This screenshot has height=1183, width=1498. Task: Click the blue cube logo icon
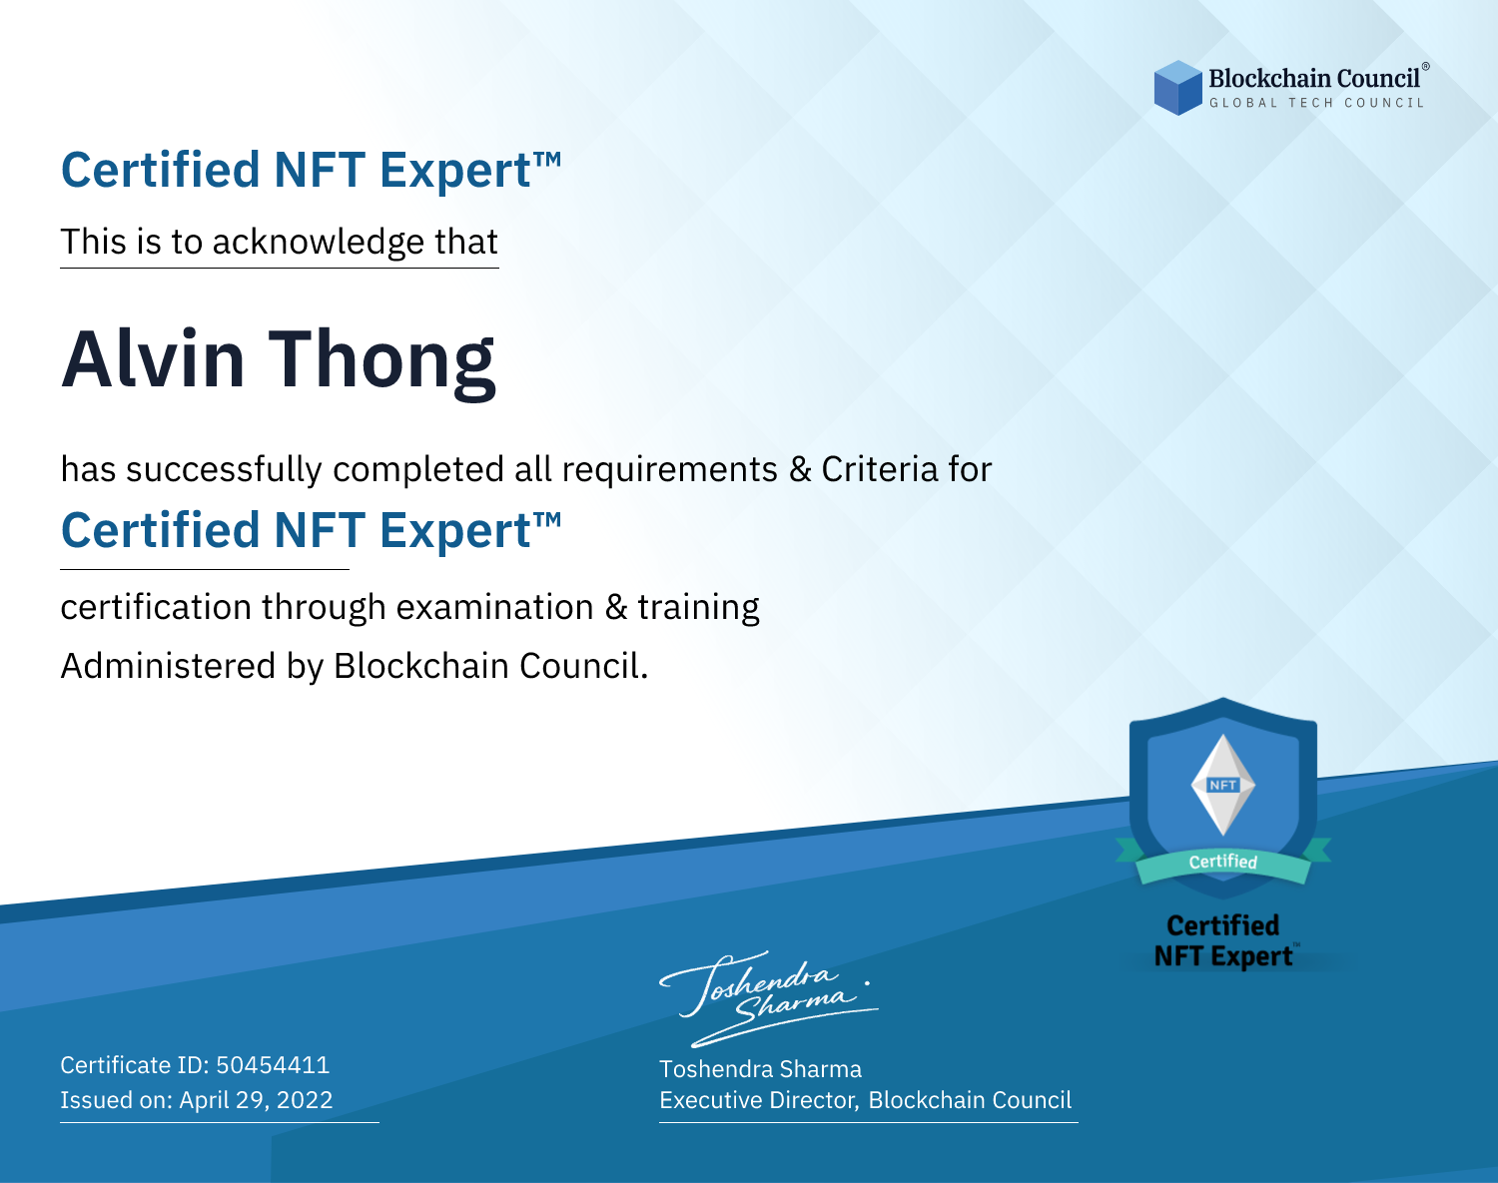click(1177, 88)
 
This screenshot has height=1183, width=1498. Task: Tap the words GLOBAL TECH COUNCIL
click(1316, 103)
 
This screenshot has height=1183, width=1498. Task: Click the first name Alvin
click(153, 359)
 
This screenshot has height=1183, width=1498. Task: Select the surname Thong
click(382, 364)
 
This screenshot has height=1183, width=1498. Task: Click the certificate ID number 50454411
click(273, 1064)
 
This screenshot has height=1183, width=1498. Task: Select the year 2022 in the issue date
click(305, 1099)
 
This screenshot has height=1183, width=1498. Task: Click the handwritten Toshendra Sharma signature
click(768, 999)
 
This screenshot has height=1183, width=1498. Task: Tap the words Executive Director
click(757, 1100)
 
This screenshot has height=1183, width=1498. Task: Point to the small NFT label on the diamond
click(1222, 785)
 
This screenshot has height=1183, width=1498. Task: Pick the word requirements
click(670, 470)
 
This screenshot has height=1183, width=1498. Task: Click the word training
click(698, 608)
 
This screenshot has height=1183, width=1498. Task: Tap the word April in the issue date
click(204, 1101)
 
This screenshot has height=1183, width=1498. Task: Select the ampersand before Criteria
click(800, 469)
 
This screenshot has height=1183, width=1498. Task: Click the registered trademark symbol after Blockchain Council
click(1426, 66)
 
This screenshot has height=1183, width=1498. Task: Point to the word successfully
click(224, 470)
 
